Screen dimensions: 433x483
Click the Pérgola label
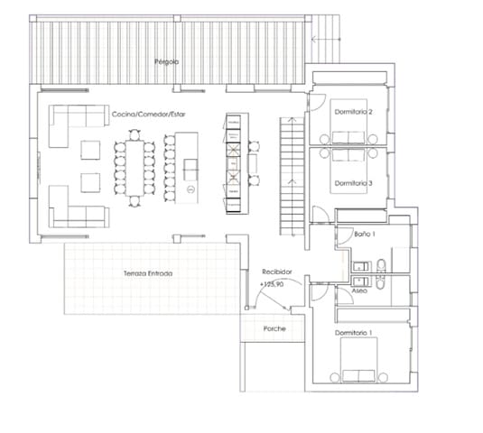pos(166,61)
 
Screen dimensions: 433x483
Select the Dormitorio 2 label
pos(353,113)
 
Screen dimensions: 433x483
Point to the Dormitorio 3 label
pos(353,183)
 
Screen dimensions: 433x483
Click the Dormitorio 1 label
pos(353,333)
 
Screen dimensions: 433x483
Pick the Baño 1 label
pos(365,233)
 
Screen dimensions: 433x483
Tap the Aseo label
pos(359,290)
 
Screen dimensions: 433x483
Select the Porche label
pos(274,328)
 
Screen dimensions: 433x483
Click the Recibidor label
pos(276,271)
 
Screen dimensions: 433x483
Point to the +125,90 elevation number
pos(273,284)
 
